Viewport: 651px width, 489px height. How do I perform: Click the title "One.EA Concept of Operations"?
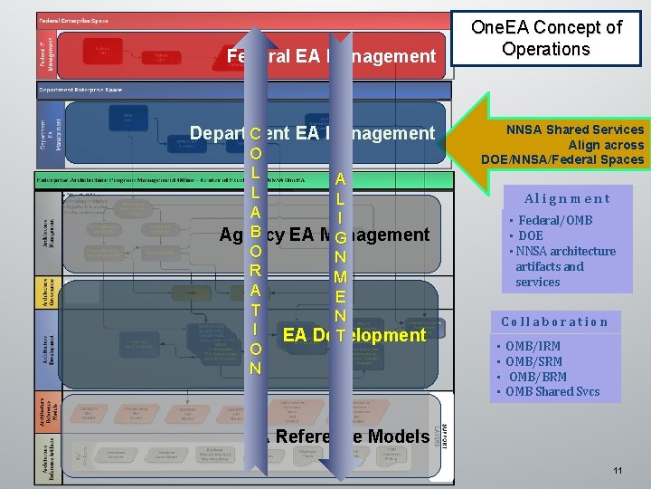(548, 38)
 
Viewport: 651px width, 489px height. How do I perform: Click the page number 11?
(618, 471)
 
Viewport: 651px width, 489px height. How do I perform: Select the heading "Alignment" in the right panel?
(567, 198)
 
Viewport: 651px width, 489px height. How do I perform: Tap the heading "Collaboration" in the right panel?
(554, 321)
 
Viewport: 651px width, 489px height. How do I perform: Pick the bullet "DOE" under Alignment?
(531, 235)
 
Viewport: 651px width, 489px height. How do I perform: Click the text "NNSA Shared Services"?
(574, 129)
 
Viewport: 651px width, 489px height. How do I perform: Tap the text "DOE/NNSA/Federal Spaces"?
(561, 159)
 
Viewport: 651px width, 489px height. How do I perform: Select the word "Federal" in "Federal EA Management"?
(250, 56)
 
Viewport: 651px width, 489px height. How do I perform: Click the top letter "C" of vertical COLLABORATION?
(256, 134)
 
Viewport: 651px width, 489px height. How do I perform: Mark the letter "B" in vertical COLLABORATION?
(256, 232)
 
